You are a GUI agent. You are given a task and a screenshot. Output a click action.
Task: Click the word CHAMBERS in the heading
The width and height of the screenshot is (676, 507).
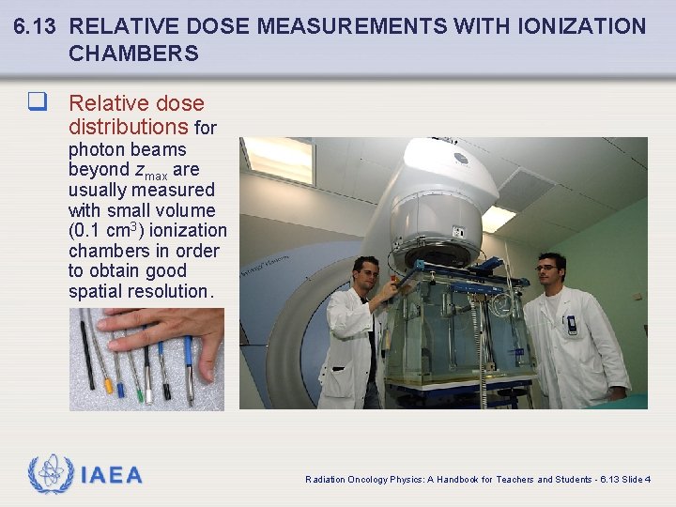click(x=133, y=54)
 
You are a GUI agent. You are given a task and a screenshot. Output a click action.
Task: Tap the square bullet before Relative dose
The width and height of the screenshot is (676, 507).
click(x=38, y=102)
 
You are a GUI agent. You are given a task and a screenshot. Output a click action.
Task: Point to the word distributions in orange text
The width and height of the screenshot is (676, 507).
click(x=129, y=126)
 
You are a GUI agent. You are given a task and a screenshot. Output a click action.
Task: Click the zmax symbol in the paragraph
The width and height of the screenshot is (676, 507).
click(x=150, y=171)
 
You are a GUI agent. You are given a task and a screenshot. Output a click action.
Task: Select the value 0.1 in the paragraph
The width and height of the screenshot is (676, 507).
click(x=87, y=231)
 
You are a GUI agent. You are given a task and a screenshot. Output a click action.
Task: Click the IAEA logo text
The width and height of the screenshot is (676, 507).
click(x=112, y=476)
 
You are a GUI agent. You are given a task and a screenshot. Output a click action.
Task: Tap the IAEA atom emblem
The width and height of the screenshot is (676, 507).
click(x=50, y=474)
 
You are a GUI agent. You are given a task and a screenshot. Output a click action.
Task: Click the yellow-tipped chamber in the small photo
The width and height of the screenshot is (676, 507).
click(x=108, y=384)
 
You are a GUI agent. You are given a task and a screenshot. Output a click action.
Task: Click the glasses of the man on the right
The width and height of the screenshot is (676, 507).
click(x=546, y=269)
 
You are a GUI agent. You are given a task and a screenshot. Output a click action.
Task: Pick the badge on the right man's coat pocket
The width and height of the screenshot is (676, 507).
click(x=572, y=325)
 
